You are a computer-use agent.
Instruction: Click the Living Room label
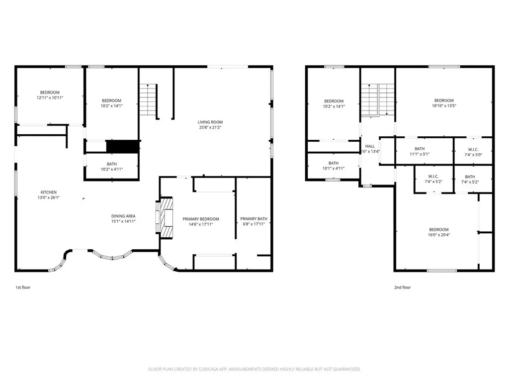click(x=210, y=122)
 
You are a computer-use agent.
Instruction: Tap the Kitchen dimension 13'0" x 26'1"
click(x=49, y=197)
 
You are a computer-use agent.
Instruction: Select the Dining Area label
click(x=123, y=216)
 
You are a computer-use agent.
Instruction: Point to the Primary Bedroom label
click(x=201, y=219)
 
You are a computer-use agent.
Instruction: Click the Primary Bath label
click(x=254, y=219)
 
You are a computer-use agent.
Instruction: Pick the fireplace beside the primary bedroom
click(x=164, y=218)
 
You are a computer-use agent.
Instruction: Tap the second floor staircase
click(x=378, y=99)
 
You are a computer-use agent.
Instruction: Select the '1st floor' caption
click(x=23, y=287)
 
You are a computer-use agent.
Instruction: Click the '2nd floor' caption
click(x=403, y=287)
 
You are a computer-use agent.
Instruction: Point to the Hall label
click(x=370, y=146)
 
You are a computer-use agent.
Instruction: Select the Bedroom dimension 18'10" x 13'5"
click(x=444, y=105)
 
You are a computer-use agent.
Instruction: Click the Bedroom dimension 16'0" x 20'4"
click(x=439, y=235)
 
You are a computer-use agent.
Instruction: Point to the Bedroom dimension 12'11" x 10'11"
click(x=50, y=97)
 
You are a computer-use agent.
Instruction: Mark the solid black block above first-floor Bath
click(x=123, y=146)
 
